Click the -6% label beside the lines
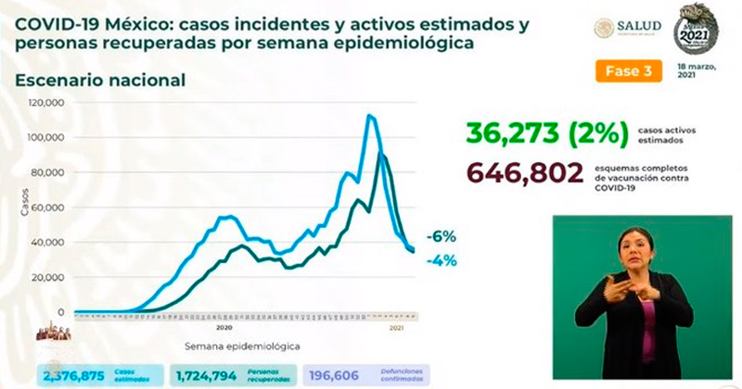pyautogui.click(x=441, y=236)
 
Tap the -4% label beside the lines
pyautogui.click(x=441, y=260)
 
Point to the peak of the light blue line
pyautogui.click(x=370, y=115)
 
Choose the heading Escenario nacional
pyautogui.click(x=100, y=81)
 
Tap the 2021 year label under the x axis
pyautogui.click(x=395, y=328)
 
